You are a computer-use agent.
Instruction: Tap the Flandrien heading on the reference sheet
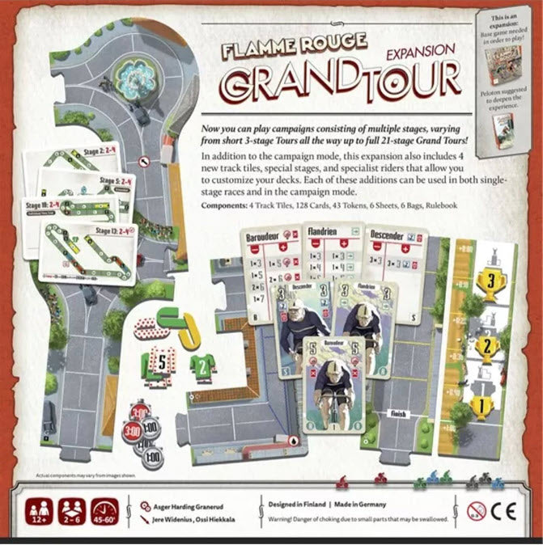point(325,231)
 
